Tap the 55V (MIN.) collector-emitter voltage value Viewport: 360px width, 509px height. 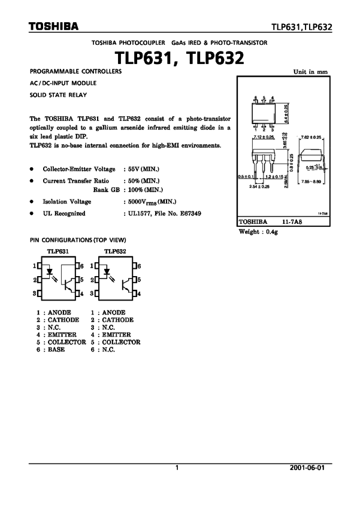141,169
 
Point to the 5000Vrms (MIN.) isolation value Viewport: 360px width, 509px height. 150,202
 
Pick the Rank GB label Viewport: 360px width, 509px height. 105,190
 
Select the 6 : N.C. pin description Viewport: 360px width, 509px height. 102,350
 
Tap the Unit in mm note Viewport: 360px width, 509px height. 310,71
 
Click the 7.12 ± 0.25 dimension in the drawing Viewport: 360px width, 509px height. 264,137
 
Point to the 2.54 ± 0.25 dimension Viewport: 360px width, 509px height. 259,187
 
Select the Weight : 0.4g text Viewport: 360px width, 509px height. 259,231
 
